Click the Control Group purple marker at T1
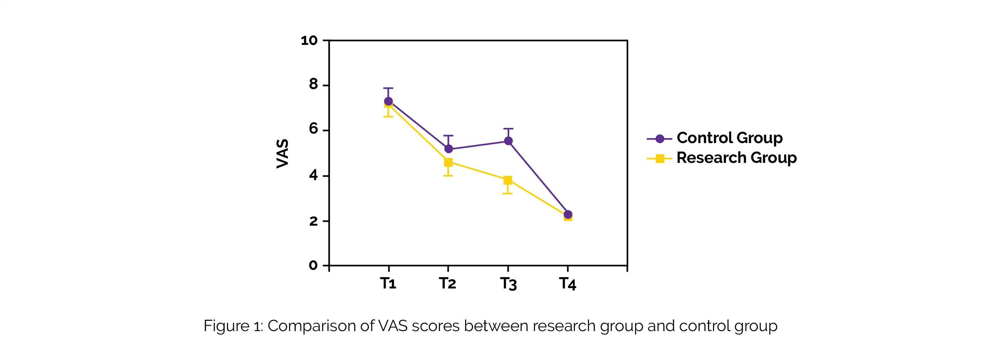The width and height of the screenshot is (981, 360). [388, 101]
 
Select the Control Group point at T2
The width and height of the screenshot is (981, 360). [448, 149]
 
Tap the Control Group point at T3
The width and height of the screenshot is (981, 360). [508, 141]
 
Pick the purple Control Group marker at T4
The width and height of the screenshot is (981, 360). [567, 215]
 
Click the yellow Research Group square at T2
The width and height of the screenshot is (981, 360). [448, 162]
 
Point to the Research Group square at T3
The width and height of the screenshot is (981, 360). [508, 180]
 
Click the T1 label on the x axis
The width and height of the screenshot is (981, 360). [388, 284]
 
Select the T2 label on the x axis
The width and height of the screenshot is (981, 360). [448, 284]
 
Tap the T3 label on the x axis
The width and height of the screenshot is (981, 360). [508, 284]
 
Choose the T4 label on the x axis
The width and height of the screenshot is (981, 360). [567, 284]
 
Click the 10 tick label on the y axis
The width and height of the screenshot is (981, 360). [309, 40]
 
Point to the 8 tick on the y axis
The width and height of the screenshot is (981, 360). [313, 84]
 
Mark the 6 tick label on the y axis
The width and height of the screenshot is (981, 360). [313, 129]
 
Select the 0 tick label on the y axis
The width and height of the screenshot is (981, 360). [313, 265]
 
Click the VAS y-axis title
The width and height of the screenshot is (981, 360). [283, 153]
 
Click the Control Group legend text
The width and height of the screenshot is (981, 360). [729, 138]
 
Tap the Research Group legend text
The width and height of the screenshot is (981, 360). [736, 158]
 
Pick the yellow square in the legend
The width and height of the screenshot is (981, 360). [660, 158]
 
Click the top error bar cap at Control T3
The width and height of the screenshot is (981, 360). [508, 129]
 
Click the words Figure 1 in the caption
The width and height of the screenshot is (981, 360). [233, 326]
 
